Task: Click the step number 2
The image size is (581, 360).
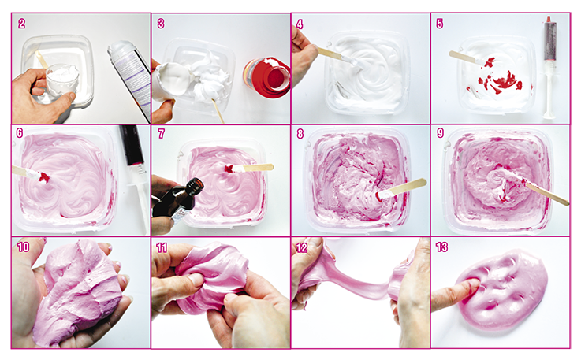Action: [22, 24]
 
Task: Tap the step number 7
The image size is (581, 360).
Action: [161, 133]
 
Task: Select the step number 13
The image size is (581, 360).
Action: [441, 247]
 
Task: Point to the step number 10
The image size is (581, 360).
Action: [23, 247]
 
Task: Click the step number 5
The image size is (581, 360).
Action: [439, 24]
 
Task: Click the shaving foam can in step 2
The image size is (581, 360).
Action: [129, 80]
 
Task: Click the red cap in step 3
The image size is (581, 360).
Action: [266, 77]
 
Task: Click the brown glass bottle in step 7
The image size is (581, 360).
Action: [177, 202]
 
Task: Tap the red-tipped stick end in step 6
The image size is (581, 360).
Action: [43, 176]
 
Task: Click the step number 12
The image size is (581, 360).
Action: [302, 247]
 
